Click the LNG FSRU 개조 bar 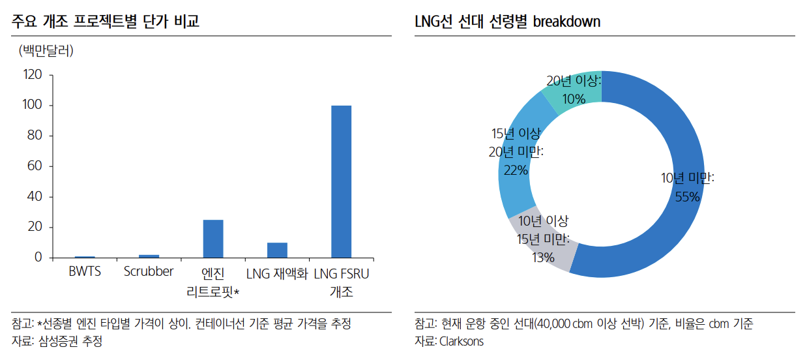point(341,181)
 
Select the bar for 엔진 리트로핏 point(213,239)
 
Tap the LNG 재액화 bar point(277,250)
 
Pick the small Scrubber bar point(149,256)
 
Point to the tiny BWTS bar point(85,257)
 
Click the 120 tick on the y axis point(33,75)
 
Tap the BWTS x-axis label point(85,272)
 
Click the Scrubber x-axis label point(149,272)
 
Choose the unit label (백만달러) point(46,51)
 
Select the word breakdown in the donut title point(566,22)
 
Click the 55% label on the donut point(687,196)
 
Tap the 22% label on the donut point(516,170)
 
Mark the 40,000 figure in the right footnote point(553,324)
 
